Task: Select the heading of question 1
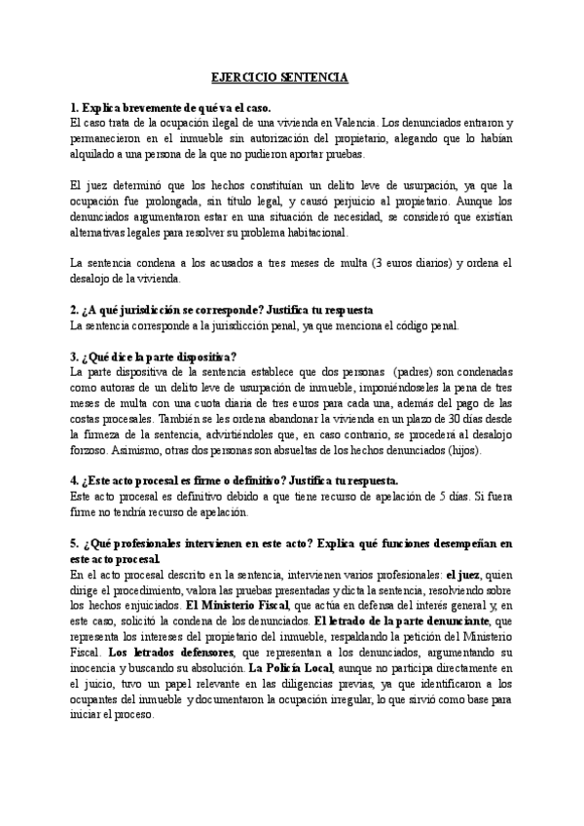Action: click(x=170, y=108)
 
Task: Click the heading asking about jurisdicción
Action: click(x=222, y=309)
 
